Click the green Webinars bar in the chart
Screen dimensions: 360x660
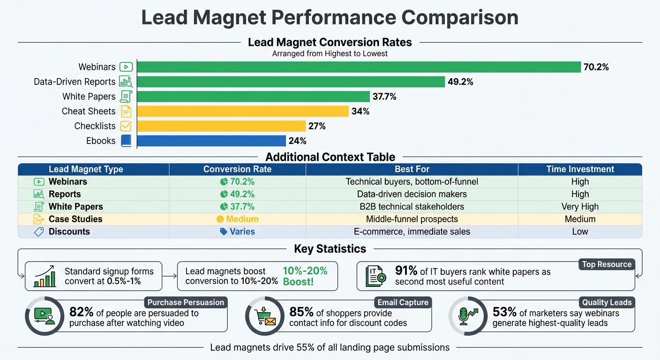coord(359,67)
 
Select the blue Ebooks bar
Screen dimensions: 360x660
coord(211,141)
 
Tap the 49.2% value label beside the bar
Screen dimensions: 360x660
coord(460,82)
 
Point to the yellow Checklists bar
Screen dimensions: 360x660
coord(221,126)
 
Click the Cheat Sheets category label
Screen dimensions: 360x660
coord(88,111)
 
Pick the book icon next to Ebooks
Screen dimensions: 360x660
coord(126,141)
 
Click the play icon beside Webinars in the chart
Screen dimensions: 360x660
coord(126,67)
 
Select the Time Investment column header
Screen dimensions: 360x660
coord(580,169)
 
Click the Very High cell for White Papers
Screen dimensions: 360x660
coord(580,207)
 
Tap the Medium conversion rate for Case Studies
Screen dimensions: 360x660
coord(237,219)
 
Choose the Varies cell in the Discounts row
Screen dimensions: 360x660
coord(237,232)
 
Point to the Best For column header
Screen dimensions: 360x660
coord(412,169)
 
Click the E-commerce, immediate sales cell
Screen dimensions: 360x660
coord(412,232)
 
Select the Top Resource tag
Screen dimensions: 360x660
coord(607,264)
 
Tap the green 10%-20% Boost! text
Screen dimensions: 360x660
coord(305,276)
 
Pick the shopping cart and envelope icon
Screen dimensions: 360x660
coord(265,316)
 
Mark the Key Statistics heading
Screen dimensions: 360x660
coord(330,249)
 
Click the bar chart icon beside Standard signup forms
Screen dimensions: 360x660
coord(45,277)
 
